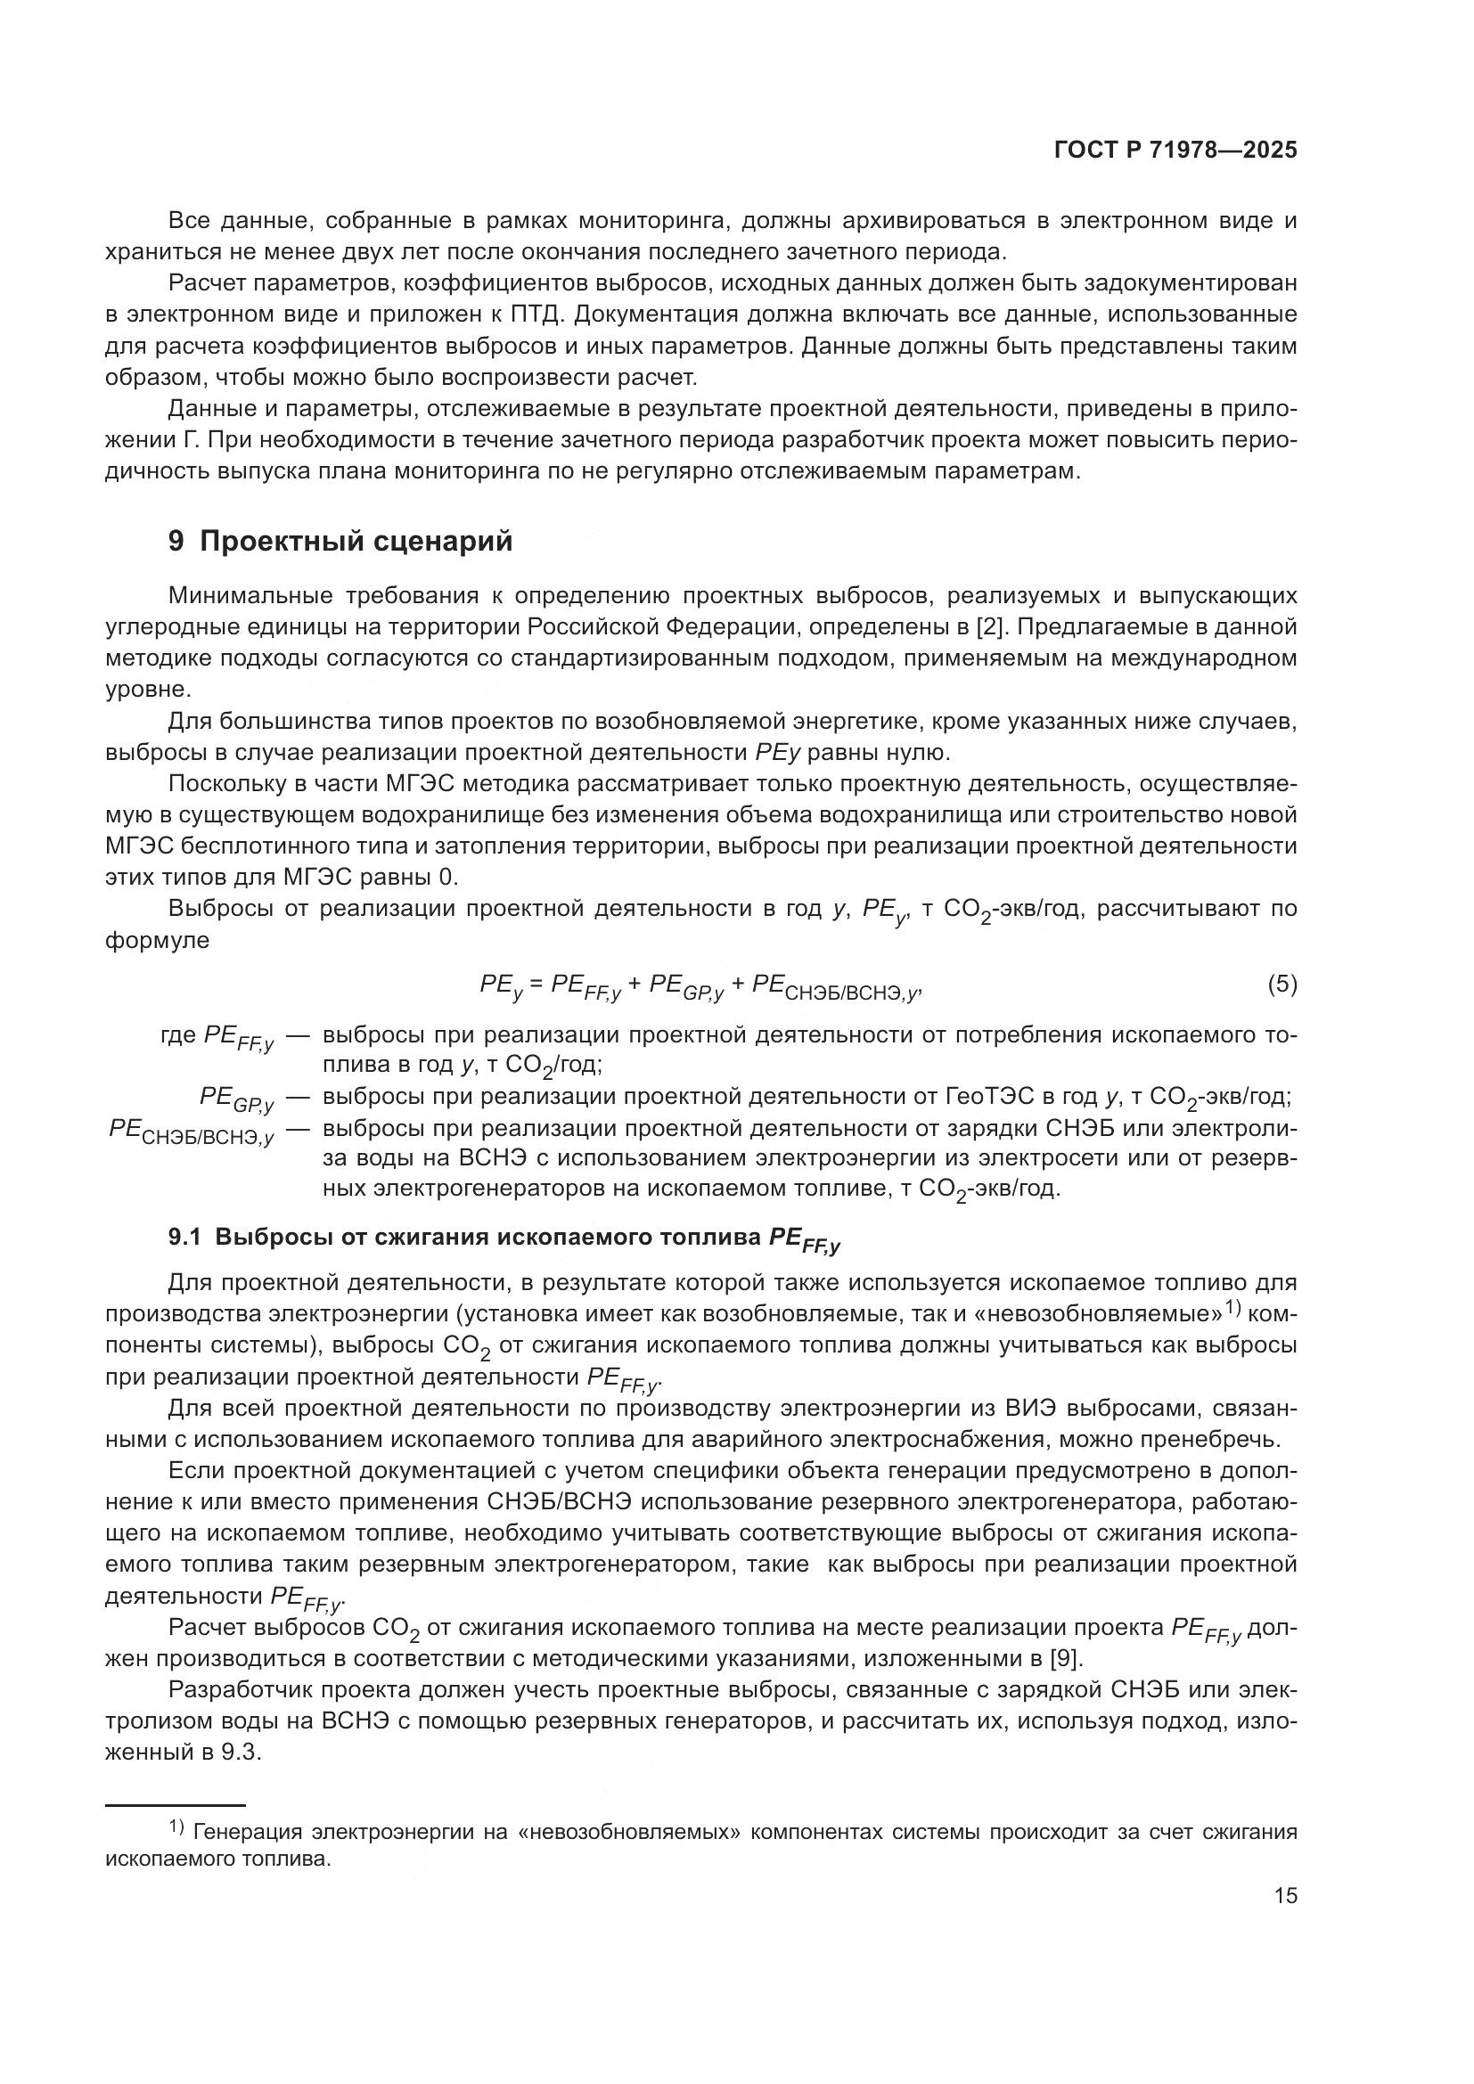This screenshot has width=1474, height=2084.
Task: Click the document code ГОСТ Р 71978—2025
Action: point(1175,151)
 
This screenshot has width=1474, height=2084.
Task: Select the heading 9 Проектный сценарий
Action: point(340,541)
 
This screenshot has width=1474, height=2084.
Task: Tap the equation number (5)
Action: point(1282,984)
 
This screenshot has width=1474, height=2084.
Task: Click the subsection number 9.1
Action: point(185,1238)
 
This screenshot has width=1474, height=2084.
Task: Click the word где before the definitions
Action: point(178,1034)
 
